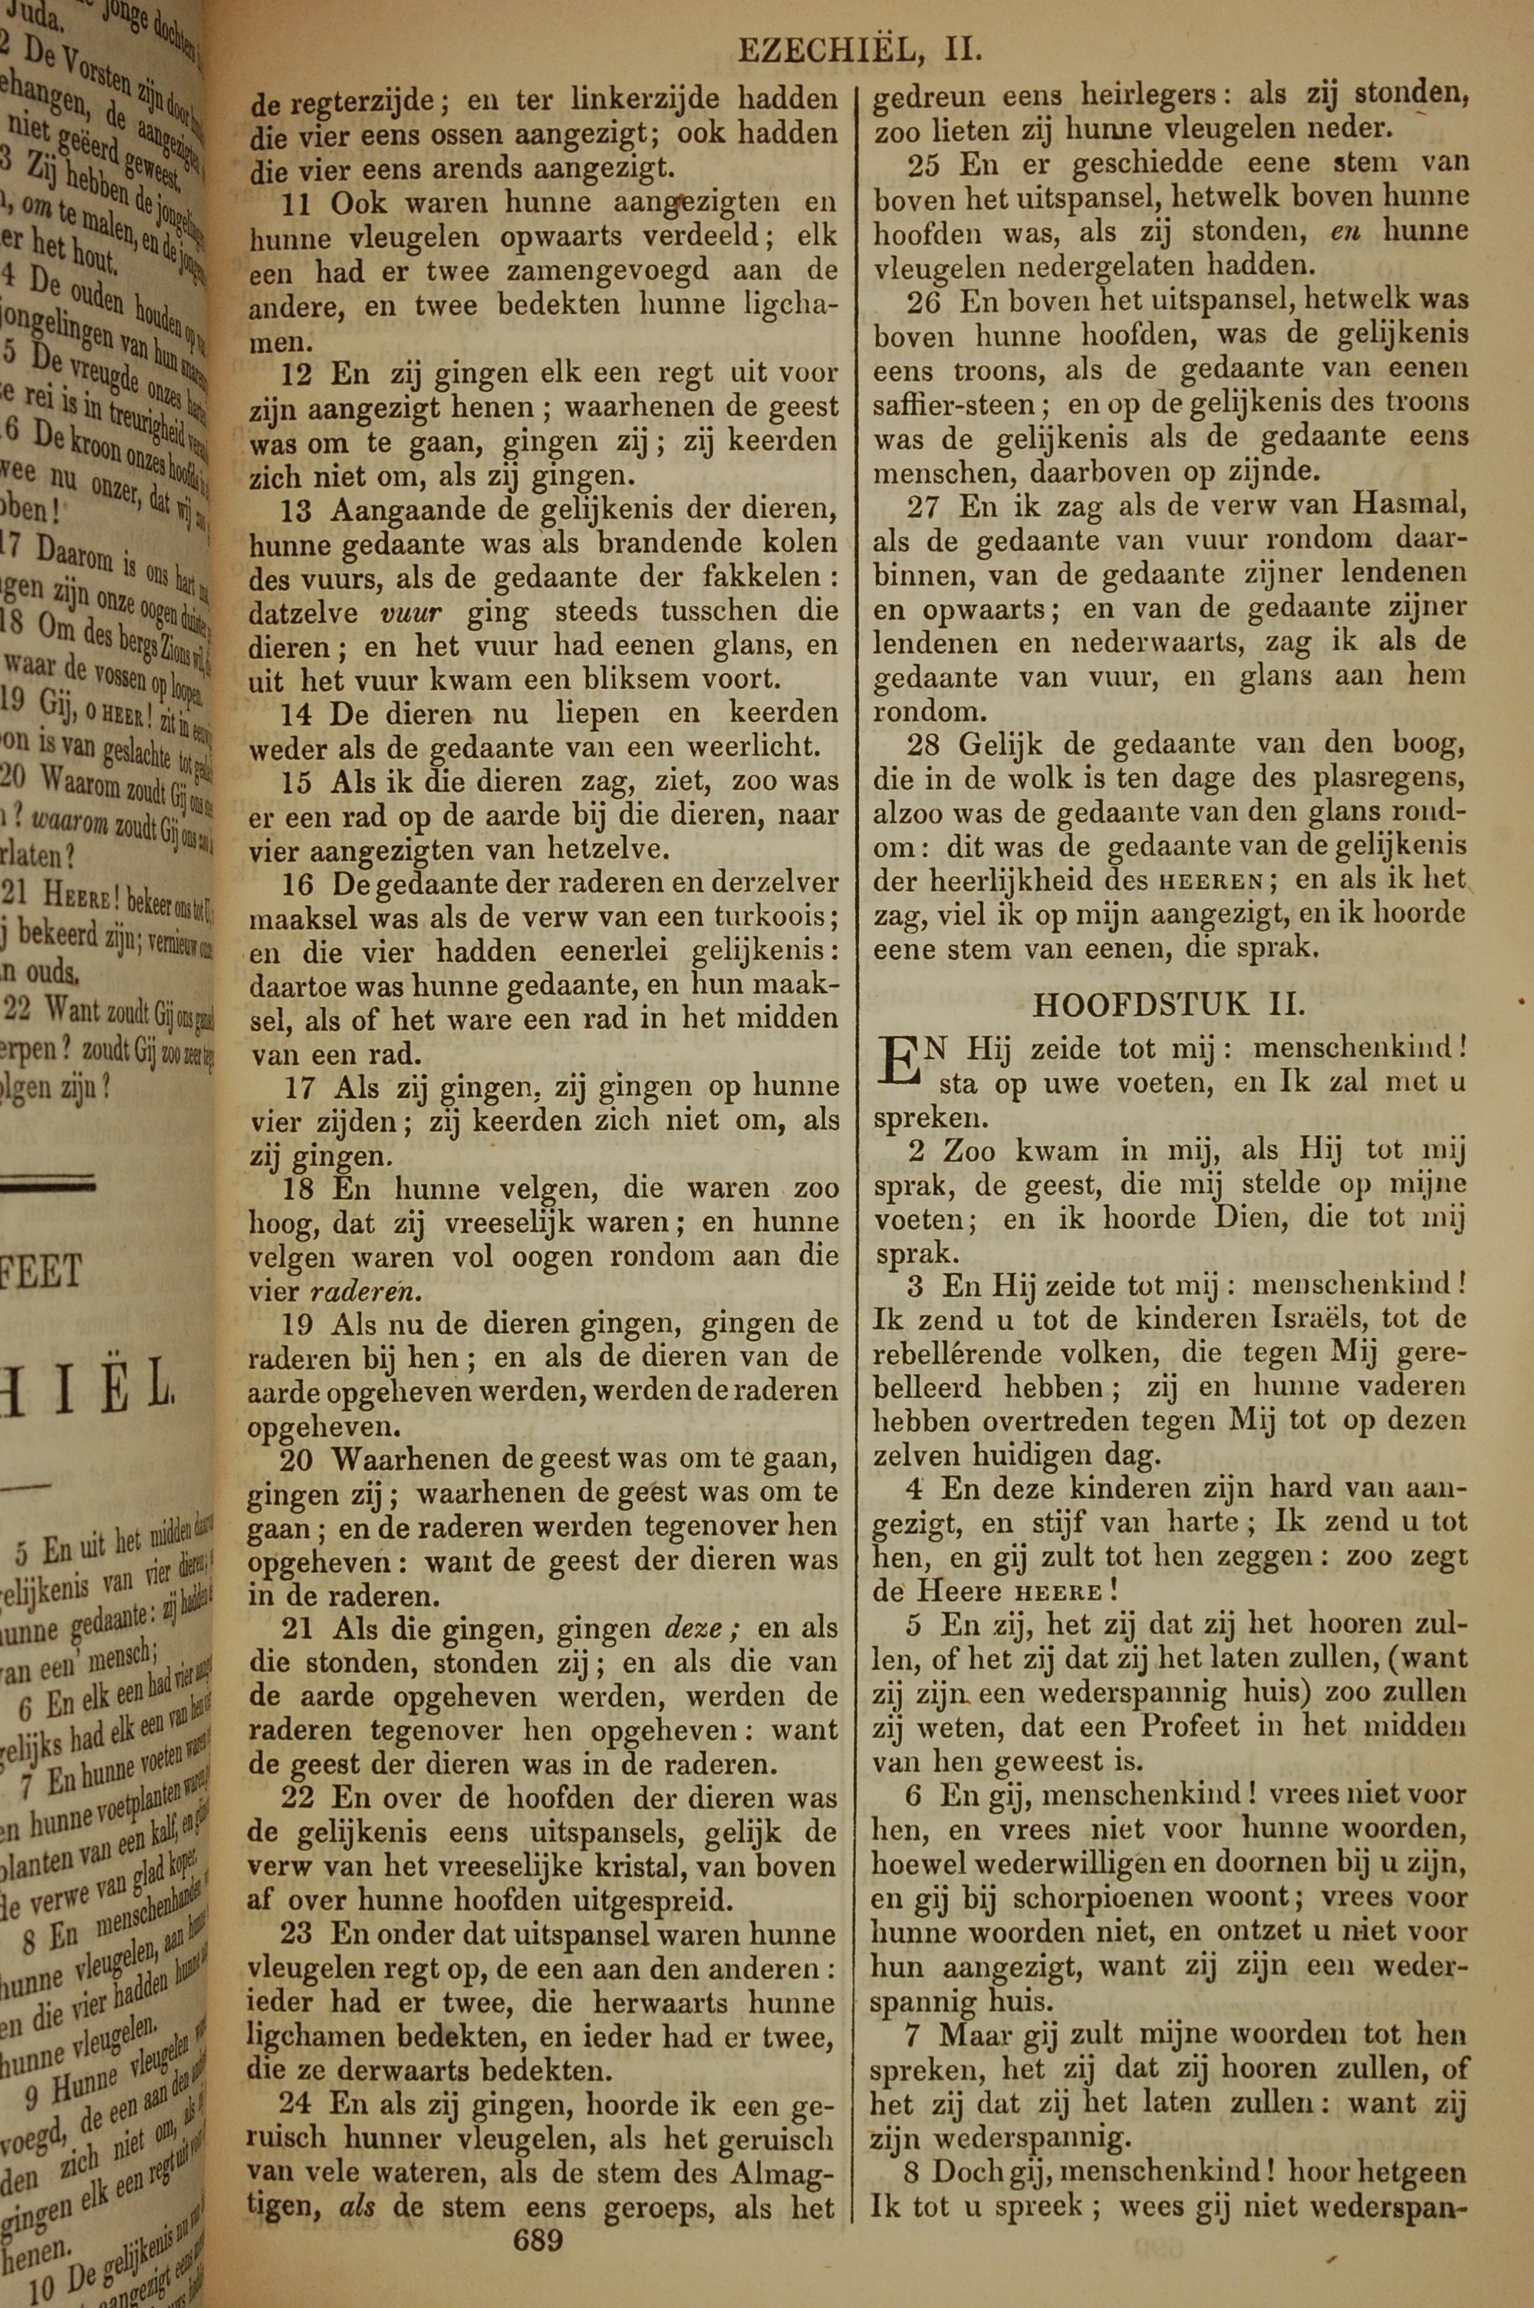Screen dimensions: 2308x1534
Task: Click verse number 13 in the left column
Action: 296,509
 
